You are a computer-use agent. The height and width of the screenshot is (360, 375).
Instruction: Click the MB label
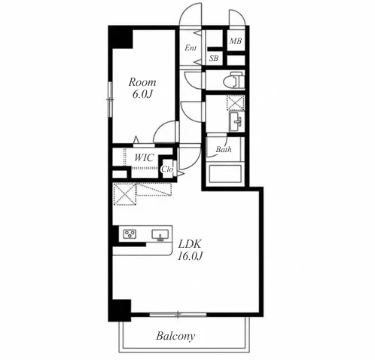pyautogui.click(x=236, y=41)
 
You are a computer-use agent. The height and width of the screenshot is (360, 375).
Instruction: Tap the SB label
pyautogui.click(x=214, y=59)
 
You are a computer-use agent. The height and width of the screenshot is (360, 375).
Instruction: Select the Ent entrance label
pyautogui.click(x=191, y=47)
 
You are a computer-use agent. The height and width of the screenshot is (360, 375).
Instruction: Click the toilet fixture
pyautogui.click(x=233, y=80)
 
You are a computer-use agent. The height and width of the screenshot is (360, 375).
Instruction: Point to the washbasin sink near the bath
pyautogui.click(x=236, y=121)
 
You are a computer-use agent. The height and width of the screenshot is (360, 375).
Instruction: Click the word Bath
pyautogui.click(x=224, y=150)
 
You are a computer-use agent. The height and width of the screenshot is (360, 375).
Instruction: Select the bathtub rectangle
pyautogui.click(x=225, y=173)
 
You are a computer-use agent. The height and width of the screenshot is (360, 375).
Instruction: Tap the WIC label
pyautogui.click(x=144, y=157)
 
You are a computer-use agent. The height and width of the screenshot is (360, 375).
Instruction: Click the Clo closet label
pyautogui.click(x=167, y=169)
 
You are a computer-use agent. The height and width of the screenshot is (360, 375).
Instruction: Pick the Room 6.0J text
pyautogui.click(x=142, y=88)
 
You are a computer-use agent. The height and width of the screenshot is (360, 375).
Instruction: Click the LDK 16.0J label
pyautogui.click(x=190, y=250)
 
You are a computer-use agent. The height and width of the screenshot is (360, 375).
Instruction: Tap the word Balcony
pyautogui.click(x=175, y=336)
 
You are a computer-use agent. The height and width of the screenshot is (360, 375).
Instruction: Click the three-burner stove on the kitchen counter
pyautogui.click(x=130, y=234)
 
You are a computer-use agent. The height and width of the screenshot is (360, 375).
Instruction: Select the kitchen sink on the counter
pyautogui.click(x=160, y=235)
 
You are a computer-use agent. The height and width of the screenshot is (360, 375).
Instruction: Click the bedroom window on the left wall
pyautogui.click(x=110, y=99)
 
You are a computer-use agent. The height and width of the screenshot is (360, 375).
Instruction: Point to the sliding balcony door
pyautogui.click(x=178, y=314)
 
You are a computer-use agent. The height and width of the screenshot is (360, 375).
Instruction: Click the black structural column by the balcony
pyautogui.click(x=120, y=310)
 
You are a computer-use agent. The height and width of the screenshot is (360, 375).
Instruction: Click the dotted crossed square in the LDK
pyautogui.click(x=124, y=194)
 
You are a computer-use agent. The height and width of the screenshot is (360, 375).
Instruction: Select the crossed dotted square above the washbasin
pyautogui.click(x=236, y=102)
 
